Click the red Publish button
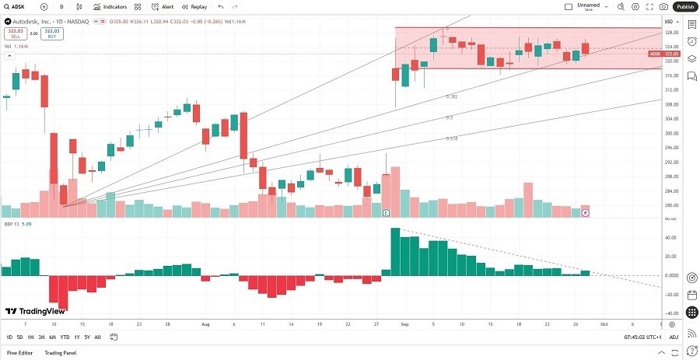[685, 6]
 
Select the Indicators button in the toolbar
[110, 6]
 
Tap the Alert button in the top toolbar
[163, 6]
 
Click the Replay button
[195, 6]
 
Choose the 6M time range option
[52, 337]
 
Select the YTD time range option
[65, 337]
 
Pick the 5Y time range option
[87, 337]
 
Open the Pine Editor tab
[21, 353]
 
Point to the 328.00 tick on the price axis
[670, 32]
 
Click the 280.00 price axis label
[670, 205]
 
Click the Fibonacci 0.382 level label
[451, 96]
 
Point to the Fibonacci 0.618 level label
[451, 138]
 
